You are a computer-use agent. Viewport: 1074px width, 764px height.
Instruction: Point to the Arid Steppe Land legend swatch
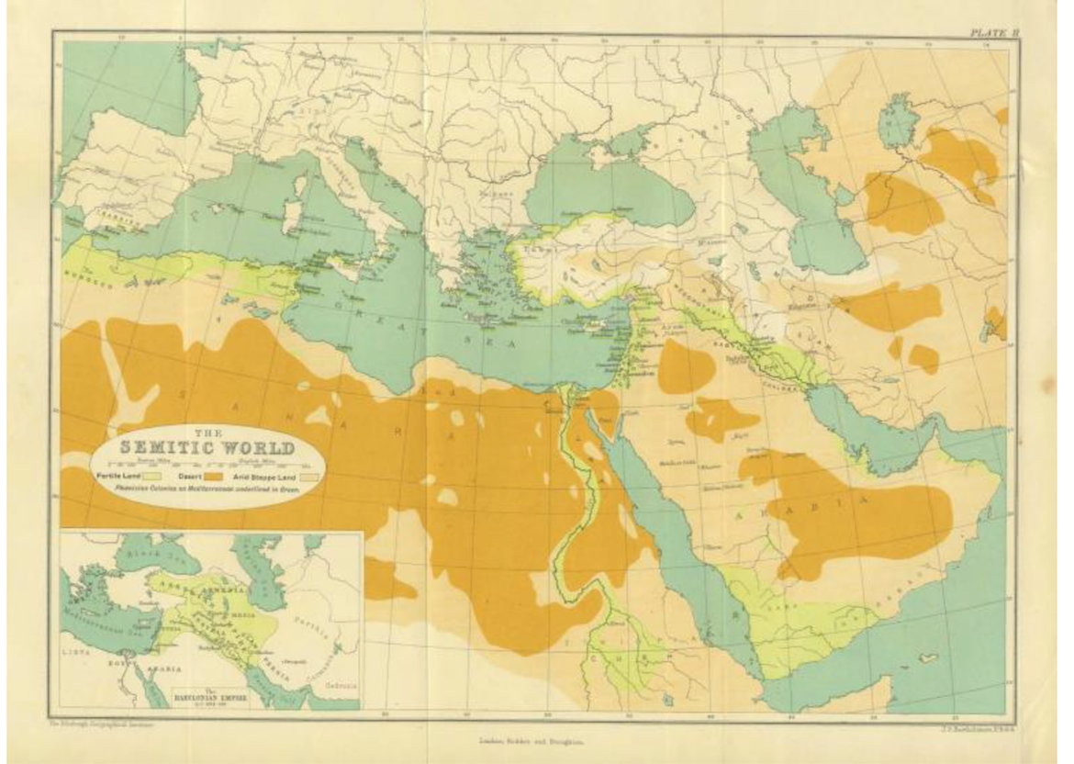(306, 477)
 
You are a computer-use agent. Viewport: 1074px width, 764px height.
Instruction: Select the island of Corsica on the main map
(297, 186)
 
